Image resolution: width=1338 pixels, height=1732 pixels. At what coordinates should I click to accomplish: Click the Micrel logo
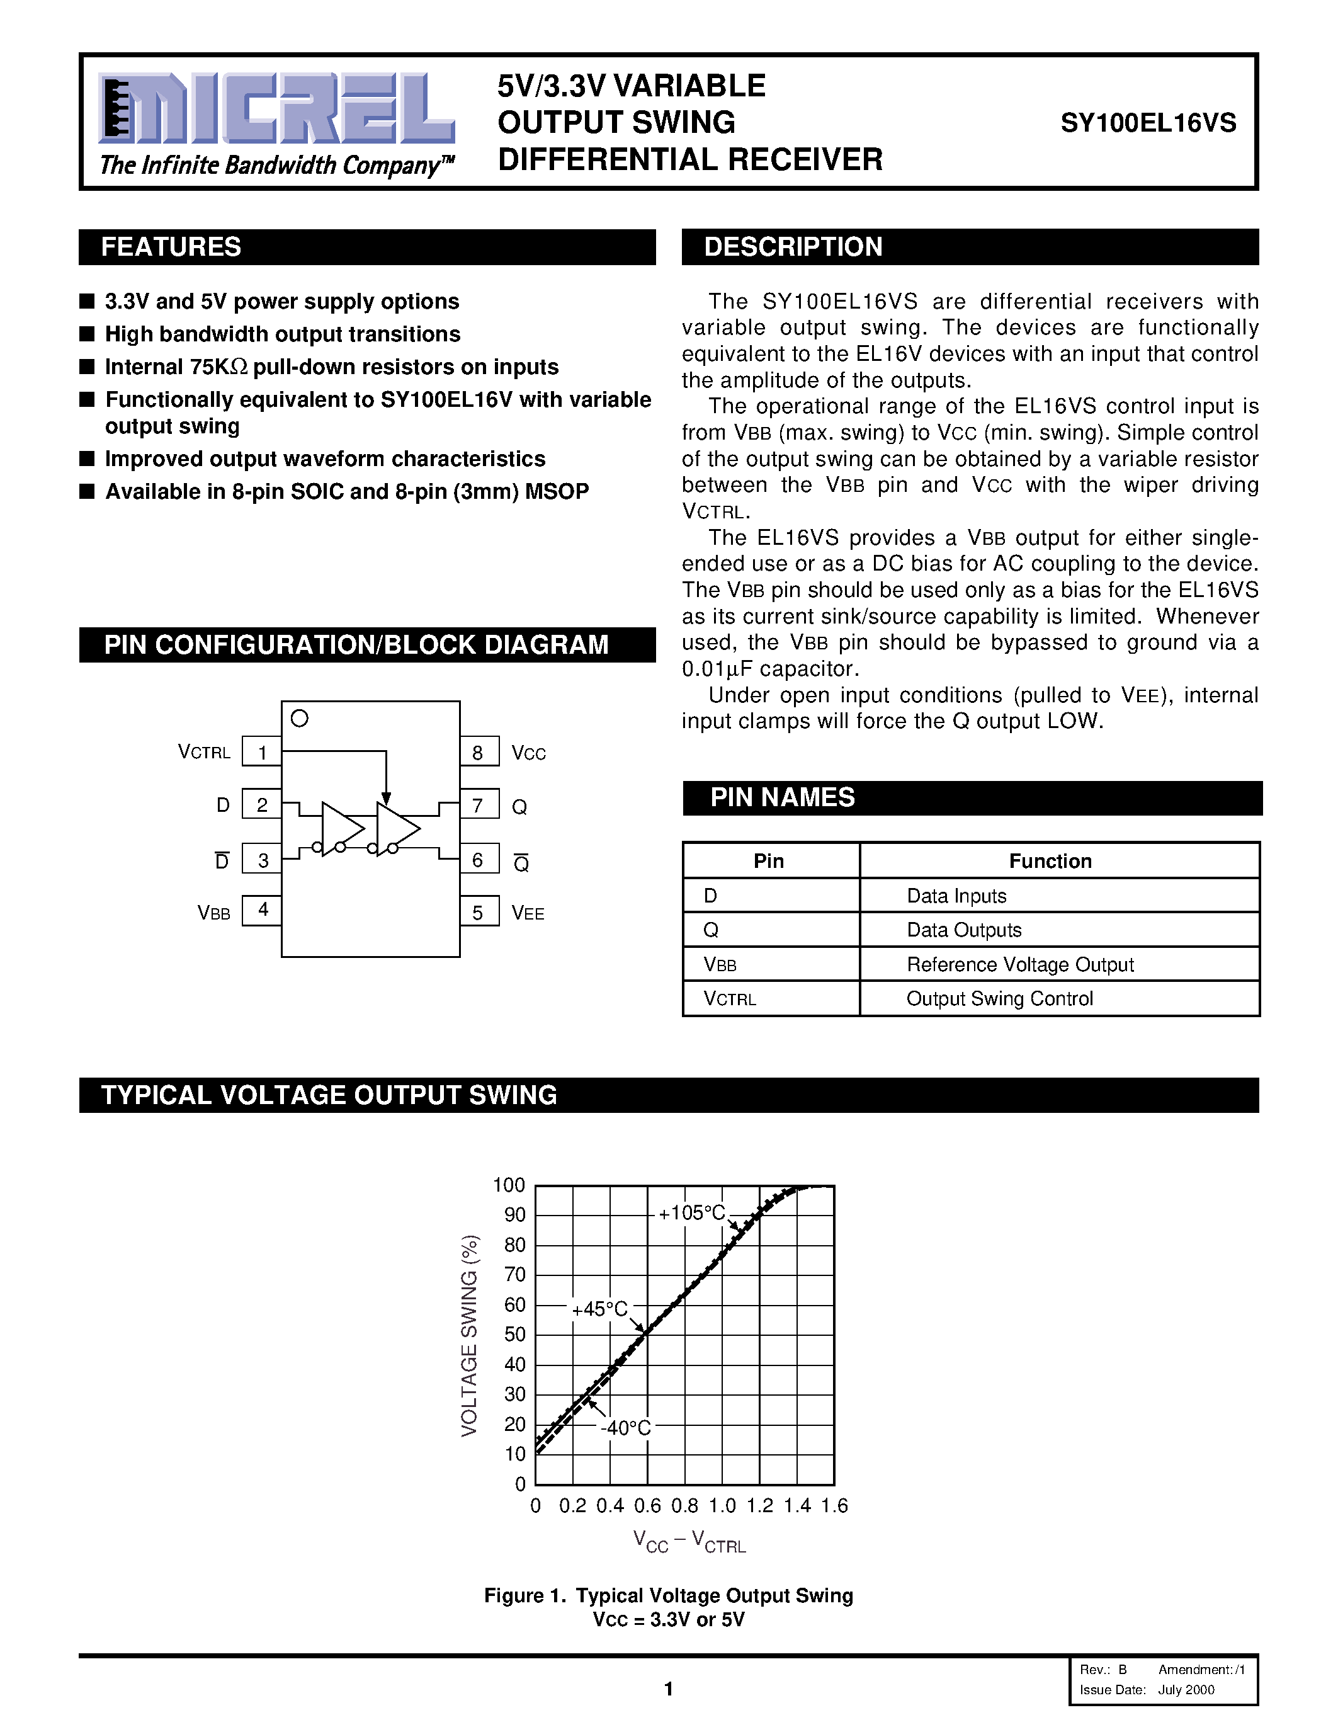coord(276,110)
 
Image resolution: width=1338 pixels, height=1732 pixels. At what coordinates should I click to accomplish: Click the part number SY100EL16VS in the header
coord(1148,123)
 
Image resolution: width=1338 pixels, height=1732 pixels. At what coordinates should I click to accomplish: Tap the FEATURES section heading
coord(171,247)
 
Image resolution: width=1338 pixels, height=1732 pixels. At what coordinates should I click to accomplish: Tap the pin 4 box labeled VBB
coord(261,911)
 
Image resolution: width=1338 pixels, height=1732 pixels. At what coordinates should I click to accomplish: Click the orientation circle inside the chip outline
coord(300,719)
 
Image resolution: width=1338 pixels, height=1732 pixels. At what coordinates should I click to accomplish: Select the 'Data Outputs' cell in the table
coord(964,930)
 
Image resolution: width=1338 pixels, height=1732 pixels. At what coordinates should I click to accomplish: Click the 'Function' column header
coord(1050,861)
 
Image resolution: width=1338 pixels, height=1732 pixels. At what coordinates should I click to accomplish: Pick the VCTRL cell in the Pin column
coord(730,998)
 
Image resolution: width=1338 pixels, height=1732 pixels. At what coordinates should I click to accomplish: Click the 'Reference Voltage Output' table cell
coord(1020,964)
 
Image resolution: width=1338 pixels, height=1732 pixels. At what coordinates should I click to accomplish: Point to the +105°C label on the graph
coord(692,1212)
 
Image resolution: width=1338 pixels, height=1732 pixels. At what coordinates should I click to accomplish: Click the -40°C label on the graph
coord(625,1427)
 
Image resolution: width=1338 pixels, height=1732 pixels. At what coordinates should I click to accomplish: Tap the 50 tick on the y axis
coord(515,1334)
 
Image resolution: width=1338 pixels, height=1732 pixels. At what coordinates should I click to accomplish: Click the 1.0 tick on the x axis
coord(722,1505)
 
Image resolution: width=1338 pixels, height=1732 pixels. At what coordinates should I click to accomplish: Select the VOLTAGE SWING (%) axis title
coord(470,1335)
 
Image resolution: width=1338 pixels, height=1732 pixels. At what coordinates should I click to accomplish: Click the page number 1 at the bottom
coord(668,1689)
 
